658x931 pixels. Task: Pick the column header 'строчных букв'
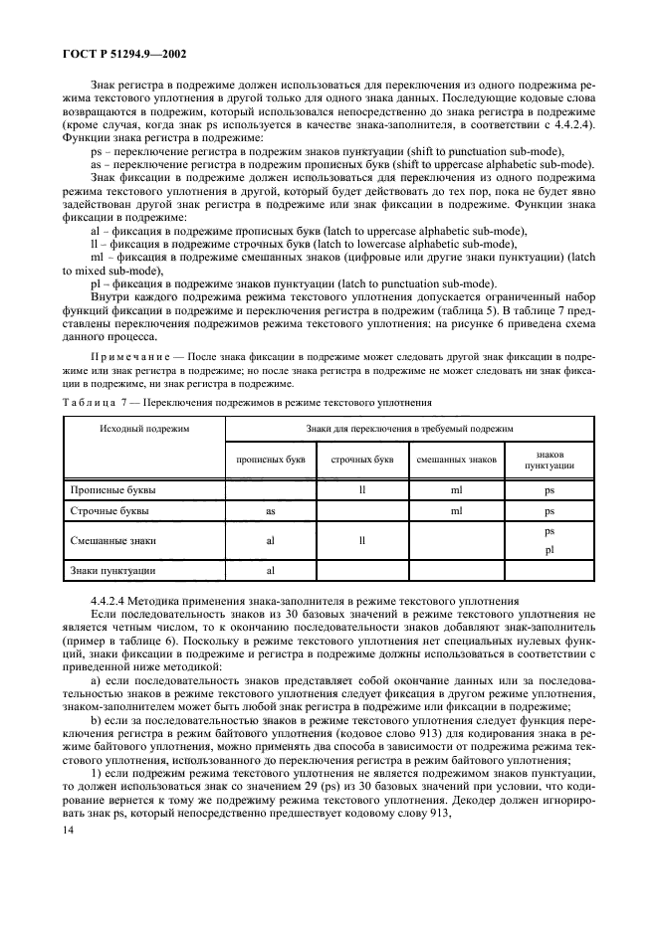tap(362, 460)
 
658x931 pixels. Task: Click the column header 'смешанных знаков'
tap(455, 460)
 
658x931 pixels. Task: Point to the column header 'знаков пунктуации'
tap(549, 460)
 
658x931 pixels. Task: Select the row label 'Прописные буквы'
tap(113, 491)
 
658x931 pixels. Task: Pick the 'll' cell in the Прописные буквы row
tap(362, 491)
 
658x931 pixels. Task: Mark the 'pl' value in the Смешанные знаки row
tap(549, 550)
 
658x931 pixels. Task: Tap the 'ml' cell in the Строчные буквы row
tap(456, 511)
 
